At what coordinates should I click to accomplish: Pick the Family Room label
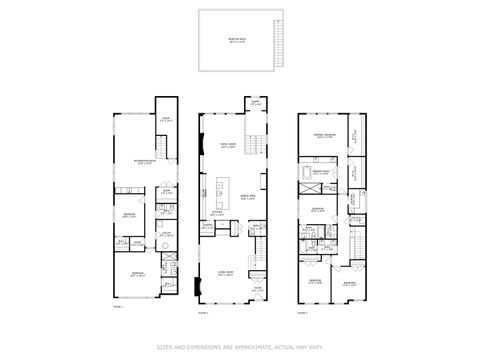[227, 145]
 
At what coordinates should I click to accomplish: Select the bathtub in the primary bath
[306, 172]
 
